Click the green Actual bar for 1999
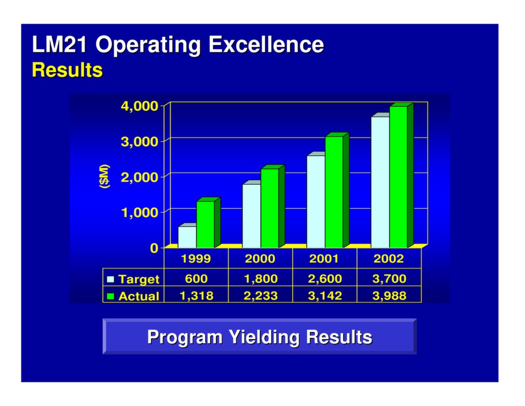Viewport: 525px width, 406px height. pos(205,224)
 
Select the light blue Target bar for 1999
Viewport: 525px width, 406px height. pos(187,237)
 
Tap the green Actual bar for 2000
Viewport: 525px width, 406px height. pos(270,207)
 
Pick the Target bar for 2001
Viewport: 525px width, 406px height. pos(315,201)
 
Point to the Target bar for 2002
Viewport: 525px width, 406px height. pos(380,182)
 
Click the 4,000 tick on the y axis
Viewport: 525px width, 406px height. pos(139,106)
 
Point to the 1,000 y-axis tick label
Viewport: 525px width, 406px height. pos(139,212)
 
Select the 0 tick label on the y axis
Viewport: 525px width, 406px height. pos(154,248)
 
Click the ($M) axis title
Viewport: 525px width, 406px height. pos(105,177)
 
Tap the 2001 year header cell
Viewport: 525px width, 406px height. pos(324,259)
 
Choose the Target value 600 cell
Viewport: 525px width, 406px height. pos(196,279)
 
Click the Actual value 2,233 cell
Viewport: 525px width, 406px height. pos(260,296)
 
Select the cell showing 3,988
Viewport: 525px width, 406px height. pos(389,296)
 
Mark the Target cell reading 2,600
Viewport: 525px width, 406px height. pos(324,279)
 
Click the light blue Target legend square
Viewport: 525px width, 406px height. pos(111,279)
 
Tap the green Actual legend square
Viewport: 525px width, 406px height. pos(111,296)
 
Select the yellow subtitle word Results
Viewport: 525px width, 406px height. pos(67,70)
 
